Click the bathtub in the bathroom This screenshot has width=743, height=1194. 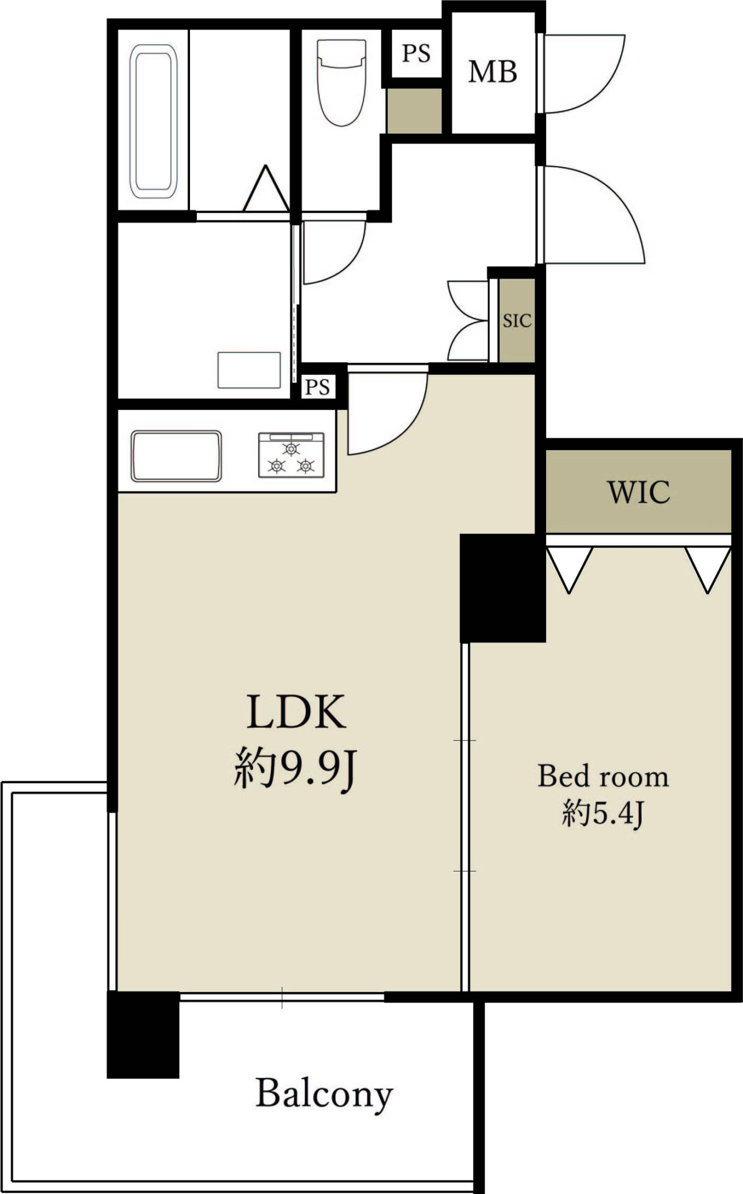pyautogui.click(x=154, y=121)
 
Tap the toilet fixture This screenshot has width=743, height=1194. pyautogui.click(x=341, y=82)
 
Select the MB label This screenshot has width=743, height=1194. pyautogui.click(x=493, y=72)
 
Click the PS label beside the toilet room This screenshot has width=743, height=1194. pyautogui.click(x=416, y=53)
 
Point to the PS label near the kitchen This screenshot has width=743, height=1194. pyautogui.click(x=318, y=387)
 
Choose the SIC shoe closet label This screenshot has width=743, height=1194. pyautogui.click(x=517, y=320)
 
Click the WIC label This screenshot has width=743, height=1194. pyautogui.click(x=639, y=492)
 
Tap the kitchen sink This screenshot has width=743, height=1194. pyautogui.click(x=176, y=456)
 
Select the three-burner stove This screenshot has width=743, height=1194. pyautogui.click(x=291, y=455)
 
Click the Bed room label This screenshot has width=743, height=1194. pyautogui.click(x=603, y=776)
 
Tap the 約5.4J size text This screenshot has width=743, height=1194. pyautogui.click(x=603, y=813)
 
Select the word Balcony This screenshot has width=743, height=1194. pyautogui.click(x=324, y=1094)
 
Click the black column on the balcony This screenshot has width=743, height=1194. pyautogui.click(x=143, y=1035)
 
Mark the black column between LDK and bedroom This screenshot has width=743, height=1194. pyautogui.click(x=502, y=588)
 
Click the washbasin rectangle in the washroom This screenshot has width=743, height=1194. pyautogui.click(x=249, y=370)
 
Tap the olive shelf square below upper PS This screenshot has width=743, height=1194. pyautogui.click(x=414, y=111)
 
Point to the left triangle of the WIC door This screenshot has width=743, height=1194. pyautogui.click(x=569, y=570)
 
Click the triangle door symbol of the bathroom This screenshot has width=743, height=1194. pyautogui.click(x=266, y=188)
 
